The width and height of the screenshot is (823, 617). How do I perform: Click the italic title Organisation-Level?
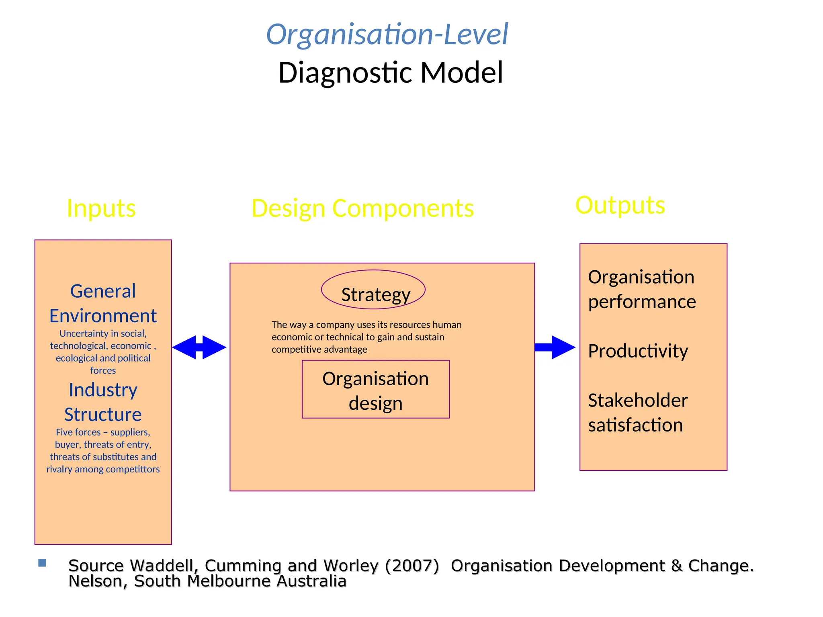[387, 35]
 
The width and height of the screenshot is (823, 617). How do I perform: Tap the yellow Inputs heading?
[101, 208]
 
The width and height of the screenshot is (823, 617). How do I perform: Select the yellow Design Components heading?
[362, 208]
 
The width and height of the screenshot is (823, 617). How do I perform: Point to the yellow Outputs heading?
[620, 205]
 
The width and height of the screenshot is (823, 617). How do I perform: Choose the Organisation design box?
[376, 390]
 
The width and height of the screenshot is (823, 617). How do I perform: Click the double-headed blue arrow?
[199, 347]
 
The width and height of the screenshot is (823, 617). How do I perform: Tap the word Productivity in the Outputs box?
[638, 351]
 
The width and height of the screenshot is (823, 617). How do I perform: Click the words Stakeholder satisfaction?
[637, 413]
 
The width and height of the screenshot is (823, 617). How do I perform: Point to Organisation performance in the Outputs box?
[641, 289]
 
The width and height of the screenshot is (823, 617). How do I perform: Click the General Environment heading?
[103, 303]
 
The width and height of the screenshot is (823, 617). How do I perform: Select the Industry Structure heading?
[103, 402]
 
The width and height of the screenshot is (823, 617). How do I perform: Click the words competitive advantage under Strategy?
[319, 349]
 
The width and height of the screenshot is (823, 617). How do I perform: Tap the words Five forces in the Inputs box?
[78, 432]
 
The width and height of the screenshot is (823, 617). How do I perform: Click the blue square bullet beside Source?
[42, 563]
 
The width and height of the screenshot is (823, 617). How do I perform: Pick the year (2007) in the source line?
[412, 566]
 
